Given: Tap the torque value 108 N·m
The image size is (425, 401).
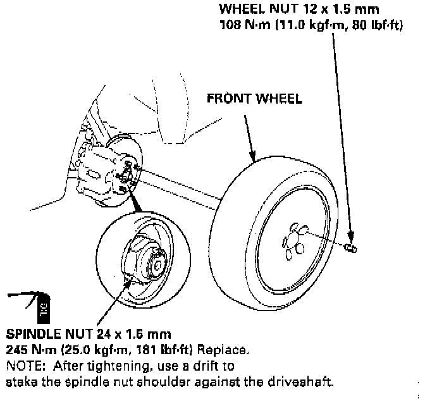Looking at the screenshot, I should pyautogui.click(x=241, y=26).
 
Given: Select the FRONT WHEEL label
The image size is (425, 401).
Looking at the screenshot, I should pyautogui.click(x=254, y=99).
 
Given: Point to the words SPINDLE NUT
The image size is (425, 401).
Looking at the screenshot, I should pyautogui.click(x=47, y=333).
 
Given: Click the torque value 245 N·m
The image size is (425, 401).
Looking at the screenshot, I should pyautogui.click(x=28, y=349).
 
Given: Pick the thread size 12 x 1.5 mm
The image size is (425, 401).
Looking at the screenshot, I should pyautogui.click(x=334, y=9).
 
